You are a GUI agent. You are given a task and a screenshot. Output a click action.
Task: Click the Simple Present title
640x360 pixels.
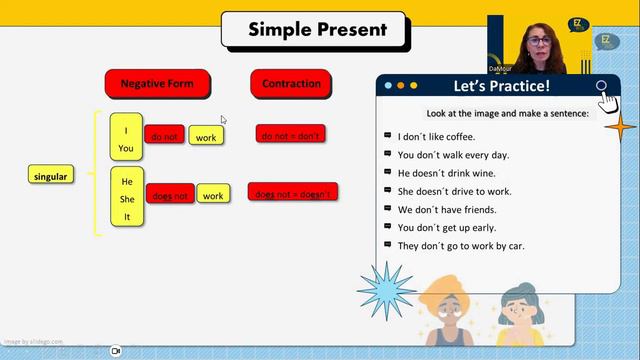click(x=317, y=29)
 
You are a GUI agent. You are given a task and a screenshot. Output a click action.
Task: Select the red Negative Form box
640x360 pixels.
click(x=156, y=84)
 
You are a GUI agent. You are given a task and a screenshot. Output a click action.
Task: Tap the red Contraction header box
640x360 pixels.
click(x=291, y=84)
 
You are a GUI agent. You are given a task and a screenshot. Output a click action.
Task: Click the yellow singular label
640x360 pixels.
click(x=50, y=177)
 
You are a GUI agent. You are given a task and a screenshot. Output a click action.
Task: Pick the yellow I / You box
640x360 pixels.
click(x=127, y=139)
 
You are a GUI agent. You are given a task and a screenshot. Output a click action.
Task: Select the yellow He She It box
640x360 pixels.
click(x=127, y=199)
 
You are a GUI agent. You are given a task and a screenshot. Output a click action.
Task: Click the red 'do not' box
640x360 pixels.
click(x=165, y=136)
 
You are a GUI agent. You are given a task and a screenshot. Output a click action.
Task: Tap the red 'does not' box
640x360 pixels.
click(x=170, y=196)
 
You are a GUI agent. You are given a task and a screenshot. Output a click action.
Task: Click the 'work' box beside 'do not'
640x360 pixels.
click(x=206, y=136)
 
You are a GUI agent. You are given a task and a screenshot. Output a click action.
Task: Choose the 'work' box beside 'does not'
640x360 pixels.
click(x=213, y=196)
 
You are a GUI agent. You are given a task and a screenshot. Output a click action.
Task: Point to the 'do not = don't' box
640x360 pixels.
click(x=291, y=134)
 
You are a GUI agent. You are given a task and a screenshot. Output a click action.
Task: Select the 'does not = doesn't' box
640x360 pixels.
click(x=292, y=193)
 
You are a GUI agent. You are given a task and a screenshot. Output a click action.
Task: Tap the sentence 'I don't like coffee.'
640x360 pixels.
click(x=436, y=137)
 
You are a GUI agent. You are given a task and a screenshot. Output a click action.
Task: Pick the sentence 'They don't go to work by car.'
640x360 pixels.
click(x=460, y=246)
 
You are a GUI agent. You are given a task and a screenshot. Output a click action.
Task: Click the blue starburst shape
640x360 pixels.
click(x=386, y=291)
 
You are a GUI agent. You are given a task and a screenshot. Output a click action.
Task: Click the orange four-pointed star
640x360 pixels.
click(x=620, y=127)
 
